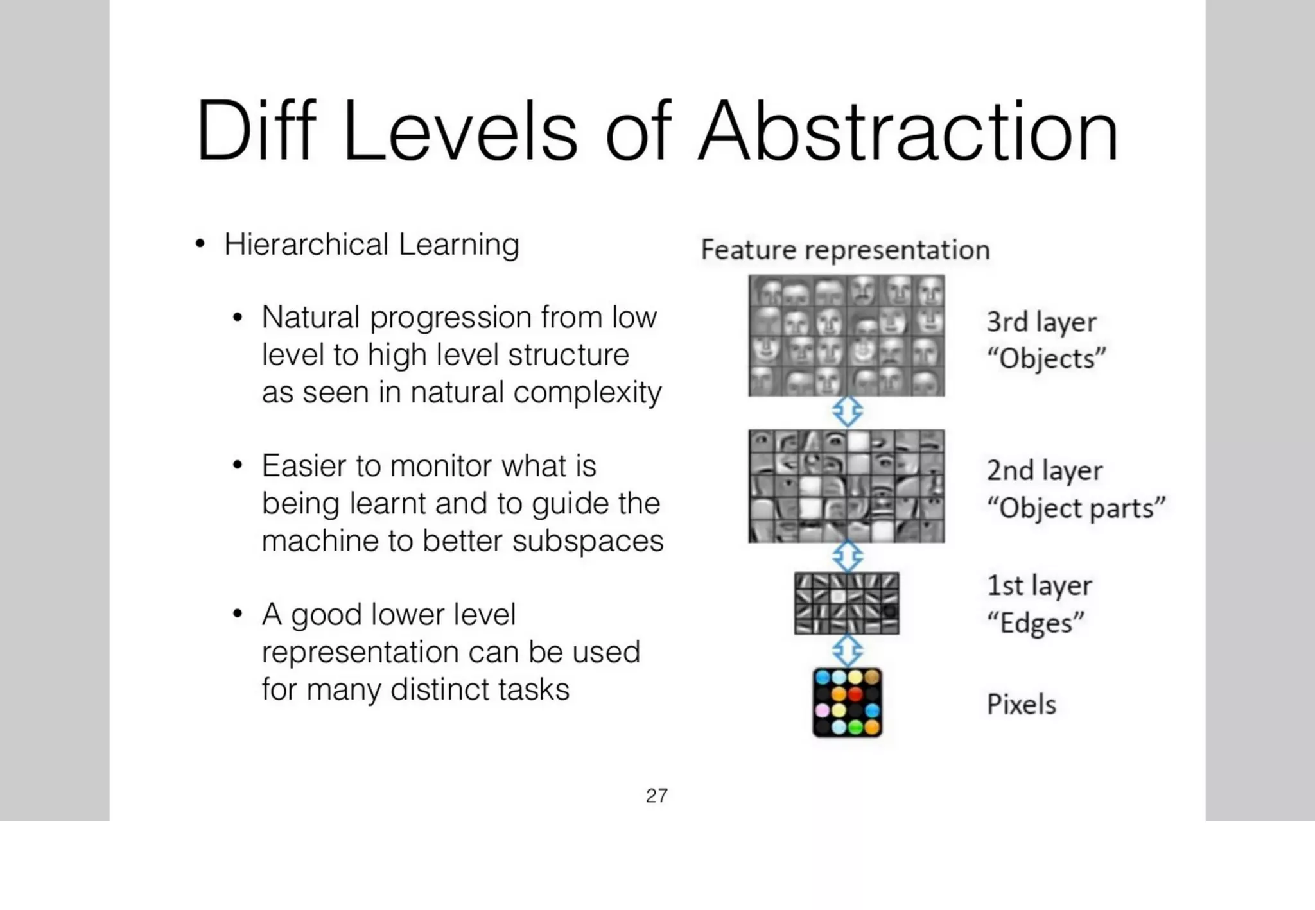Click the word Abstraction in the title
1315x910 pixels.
tap(909, 132)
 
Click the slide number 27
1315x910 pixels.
tap(656, 796)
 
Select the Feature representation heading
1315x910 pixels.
tap(845, 250)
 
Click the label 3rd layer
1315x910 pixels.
tap(1041, 322)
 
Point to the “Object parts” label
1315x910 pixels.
tap(1076, 508)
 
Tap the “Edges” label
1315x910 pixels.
tap(1035, 623)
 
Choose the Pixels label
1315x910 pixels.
tap(1021, 705)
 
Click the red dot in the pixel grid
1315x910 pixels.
tap(855, 694)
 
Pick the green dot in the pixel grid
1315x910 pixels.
tap(855, 727)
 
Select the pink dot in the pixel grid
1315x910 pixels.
tap(823, 710)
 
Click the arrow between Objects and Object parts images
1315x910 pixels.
tap(847, 411)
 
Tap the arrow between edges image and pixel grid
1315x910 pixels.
tap(847, 650)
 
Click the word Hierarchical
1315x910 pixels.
tap(306, 245)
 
